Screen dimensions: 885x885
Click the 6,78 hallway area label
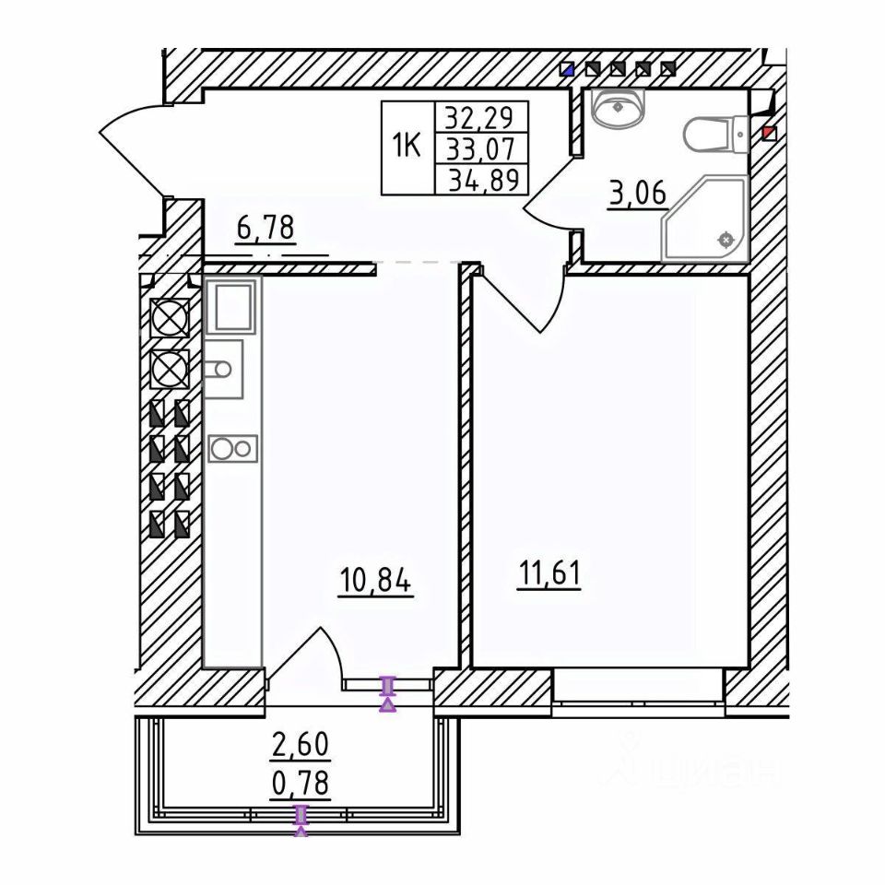tap(266, 230)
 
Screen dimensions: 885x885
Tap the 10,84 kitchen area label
tap(376, 580)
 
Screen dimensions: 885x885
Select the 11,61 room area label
tap(549, 574)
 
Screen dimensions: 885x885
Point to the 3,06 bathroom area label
tap(637, 193)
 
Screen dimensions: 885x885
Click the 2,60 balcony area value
tap(301, 745)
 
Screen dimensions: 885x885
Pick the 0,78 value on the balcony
tap(301, 783)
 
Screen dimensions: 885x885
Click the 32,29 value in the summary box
tap(479, 118)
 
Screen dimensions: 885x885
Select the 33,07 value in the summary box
tap(480, 149)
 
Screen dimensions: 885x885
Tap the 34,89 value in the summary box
tap(484, 181)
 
